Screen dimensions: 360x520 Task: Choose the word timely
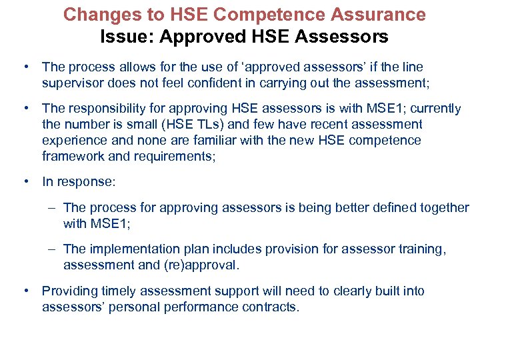(x=115, y=291)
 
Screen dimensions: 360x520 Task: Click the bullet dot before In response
(x=25, y=181)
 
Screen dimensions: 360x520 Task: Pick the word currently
(x=436, y=108)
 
